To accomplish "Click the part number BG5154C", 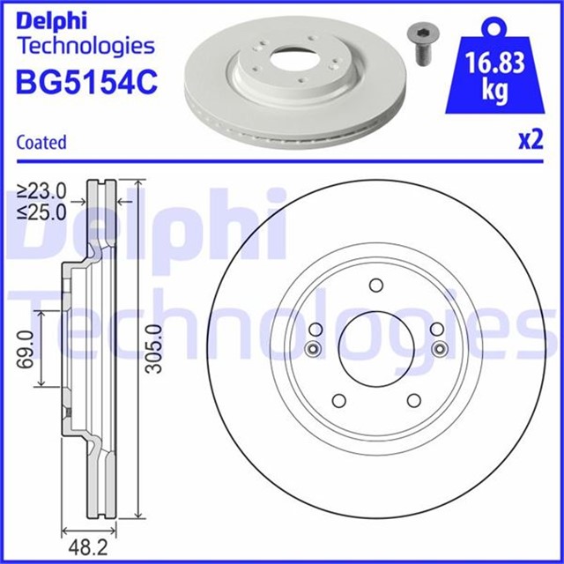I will point(86,81).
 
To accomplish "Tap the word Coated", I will point(41,142).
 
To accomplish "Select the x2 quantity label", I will point(528,142).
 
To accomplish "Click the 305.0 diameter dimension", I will point(154,348).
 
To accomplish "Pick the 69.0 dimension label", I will point(26,348).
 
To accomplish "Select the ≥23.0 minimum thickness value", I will point(42,190).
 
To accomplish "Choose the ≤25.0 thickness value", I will point(42,211).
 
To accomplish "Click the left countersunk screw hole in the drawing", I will point(310,352).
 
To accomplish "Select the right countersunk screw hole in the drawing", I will point(438,352).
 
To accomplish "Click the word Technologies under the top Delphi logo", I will point(85,45).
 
